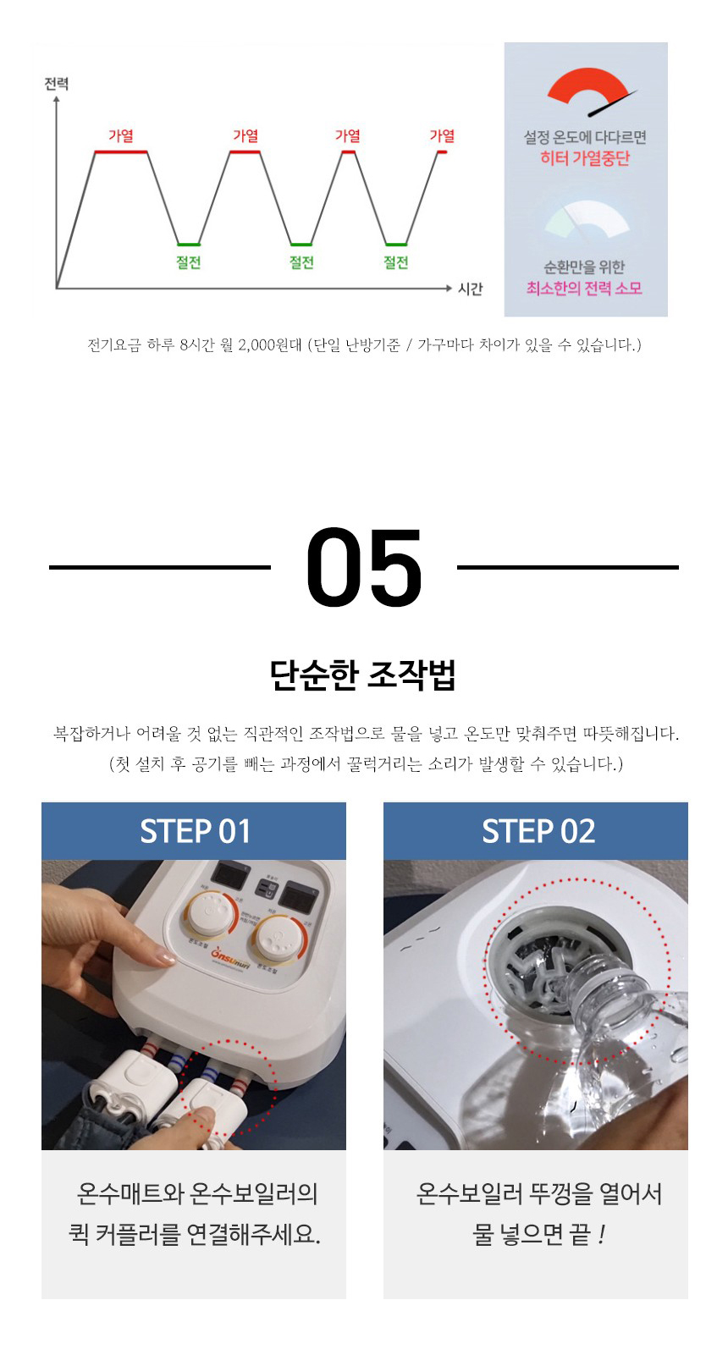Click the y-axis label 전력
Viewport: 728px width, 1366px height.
coord(57,83)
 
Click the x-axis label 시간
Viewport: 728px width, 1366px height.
coord(470,289)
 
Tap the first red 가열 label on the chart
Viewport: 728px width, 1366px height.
coord(121,135)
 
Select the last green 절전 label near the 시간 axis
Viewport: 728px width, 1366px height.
coord(395,262)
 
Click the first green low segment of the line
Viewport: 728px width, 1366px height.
coord(188,245)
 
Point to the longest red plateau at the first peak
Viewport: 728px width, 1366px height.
coord(120,152)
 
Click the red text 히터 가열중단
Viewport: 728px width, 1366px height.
coord(585,158)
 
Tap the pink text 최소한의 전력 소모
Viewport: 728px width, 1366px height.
coord(584,289)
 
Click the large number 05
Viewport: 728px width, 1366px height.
coord(364,567)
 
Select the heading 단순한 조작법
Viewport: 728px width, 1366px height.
coord(363,675)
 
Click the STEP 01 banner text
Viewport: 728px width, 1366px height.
coord(195,831)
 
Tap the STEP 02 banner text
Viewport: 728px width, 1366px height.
coord(538,831)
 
